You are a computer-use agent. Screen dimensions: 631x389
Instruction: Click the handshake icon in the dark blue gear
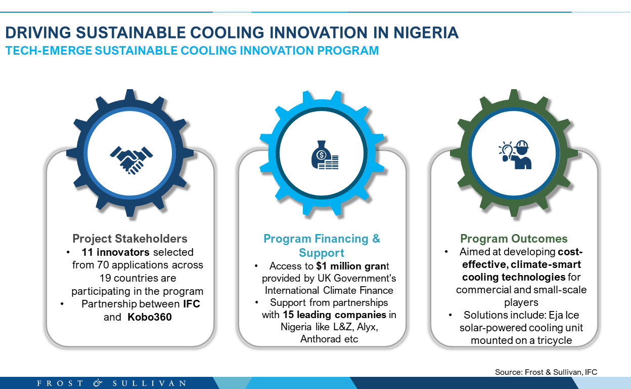tap(131, 160)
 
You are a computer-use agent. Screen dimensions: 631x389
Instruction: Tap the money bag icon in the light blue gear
tap(325, 154)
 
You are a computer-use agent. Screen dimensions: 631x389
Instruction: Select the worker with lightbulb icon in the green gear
tap(515, 154)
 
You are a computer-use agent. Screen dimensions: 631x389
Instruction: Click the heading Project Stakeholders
tap(130, 239)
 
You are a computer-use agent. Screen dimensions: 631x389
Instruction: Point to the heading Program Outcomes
tap(514, 239)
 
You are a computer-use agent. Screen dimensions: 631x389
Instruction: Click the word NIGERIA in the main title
tap(426, 32)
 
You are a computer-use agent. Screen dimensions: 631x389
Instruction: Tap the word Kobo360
tap(150, 317)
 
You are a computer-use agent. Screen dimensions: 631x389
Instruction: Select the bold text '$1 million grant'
tap(352, 266)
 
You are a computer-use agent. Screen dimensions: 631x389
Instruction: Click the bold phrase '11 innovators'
tap(115, 252)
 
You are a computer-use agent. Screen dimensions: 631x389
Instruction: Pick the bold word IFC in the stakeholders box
tap(192, 304)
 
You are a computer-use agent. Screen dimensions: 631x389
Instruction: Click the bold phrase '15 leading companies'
tap(334, 315)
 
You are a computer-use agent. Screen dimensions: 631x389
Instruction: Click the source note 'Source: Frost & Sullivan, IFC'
tap(546, 372)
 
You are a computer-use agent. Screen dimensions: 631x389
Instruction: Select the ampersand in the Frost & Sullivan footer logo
tap(98, 383)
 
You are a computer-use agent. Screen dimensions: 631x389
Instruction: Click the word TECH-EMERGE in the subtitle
tap(49, 51)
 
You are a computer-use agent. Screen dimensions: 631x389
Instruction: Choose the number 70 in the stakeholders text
tap(103, 265)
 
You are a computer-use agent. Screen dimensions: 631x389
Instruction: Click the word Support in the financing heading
tap(322, 253)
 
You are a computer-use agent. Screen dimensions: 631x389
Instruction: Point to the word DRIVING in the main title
tap(38, 32)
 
